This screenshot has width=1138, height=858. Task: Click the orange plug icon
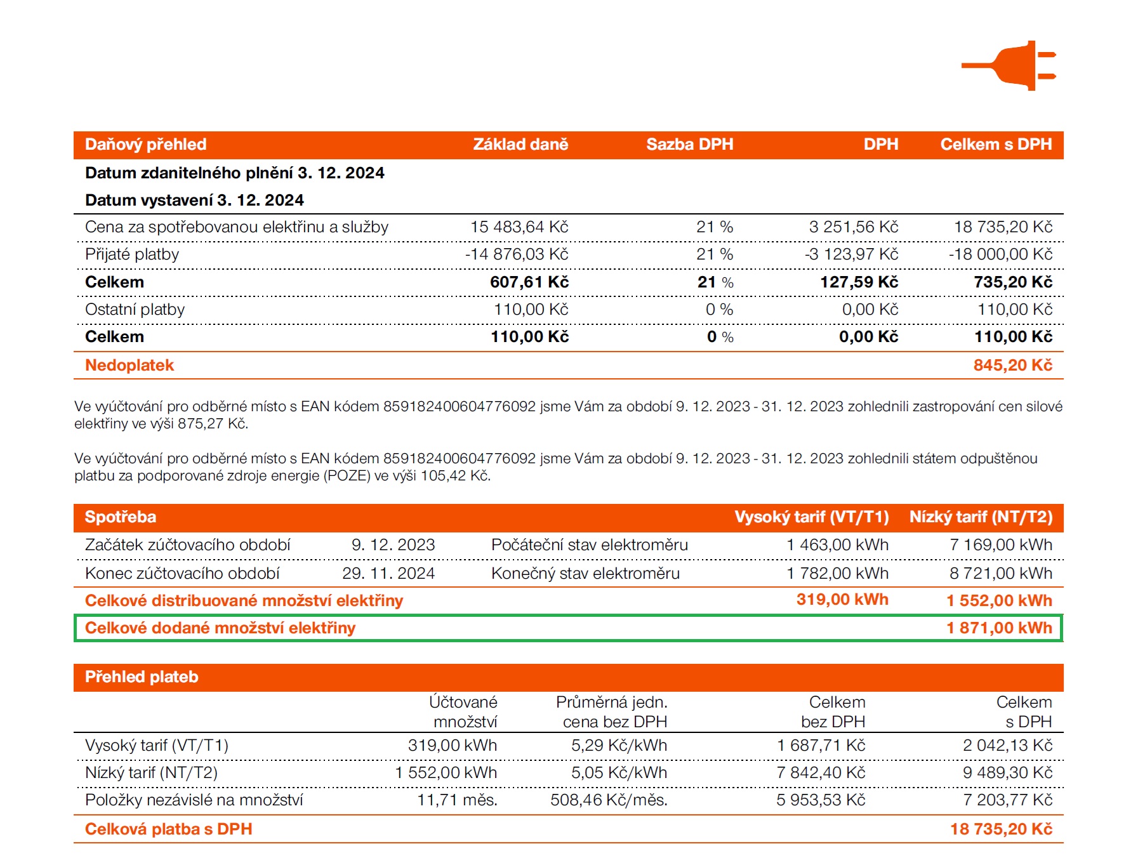[x=1012, y=65]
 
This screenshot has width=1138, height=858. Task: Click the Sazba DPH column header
[x=689, y=145]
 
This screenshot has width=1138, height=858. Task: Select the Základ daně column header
[x=520, y=145]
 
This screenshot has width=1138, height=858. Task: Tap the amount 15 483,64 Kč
[x=519, y=227]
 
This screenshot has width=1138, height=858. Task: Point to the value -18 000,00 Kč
[x=1000, y=254]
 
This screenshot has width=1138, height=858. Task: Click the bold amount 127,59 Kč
[x=859, y=282]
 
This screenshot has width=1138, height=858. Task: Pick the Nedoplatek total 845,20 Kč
[x=1012, y=366]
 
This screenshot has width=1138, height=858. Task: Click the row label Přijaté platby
[x=132, y=254]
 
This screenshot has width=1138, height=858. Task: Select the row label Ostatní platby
[x=135, y=310]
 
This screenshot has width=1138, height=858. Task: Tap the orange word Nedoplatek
[x=129, y=366]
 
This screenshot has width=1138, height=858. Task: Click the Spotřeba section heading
[x=121, y=517]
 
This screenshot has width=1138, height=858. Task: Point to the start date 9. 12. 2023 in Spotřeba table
[x=393, y=545]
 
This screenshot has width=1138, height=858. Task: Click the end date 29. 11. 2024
[x=388, y=574]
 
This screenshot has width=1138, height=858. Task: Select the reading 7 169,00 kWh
[x=1000, y=545]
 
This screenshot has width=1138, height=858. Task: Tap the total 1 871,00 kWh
[x=999, y=628]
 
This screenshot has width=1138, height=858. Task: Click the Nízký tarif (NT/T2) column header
[x=981, y=517]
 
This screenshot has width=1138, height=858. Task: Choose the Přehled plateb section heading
[x=142, y=677]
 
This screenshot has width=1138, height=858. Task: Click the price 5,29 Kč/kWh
[x=619, y=746]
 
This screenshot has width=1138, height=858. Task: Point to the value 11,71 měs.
[x=457, y=800]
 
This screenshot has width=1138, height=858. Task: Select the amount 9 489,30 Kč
[x=1007, y=773]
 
